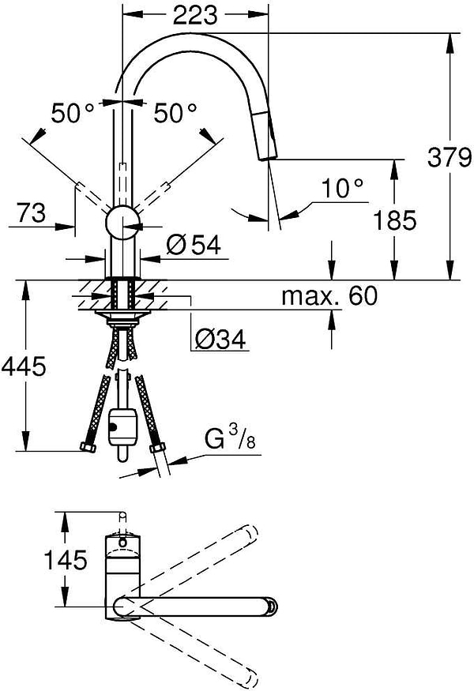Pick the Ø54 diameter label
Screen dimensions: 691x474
point(194,246)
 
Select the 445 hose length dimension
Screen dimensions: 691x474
point(24,366)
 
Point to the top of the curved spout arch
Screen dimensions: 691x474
point(197,36)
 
